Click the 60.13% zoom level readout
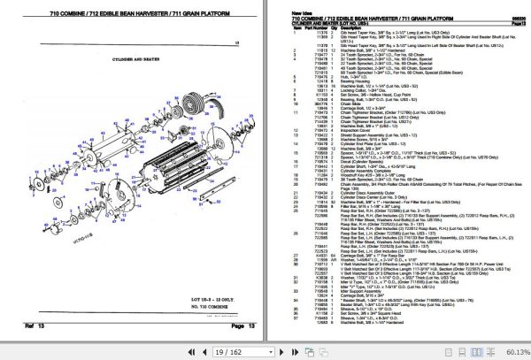click(508, 351)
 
